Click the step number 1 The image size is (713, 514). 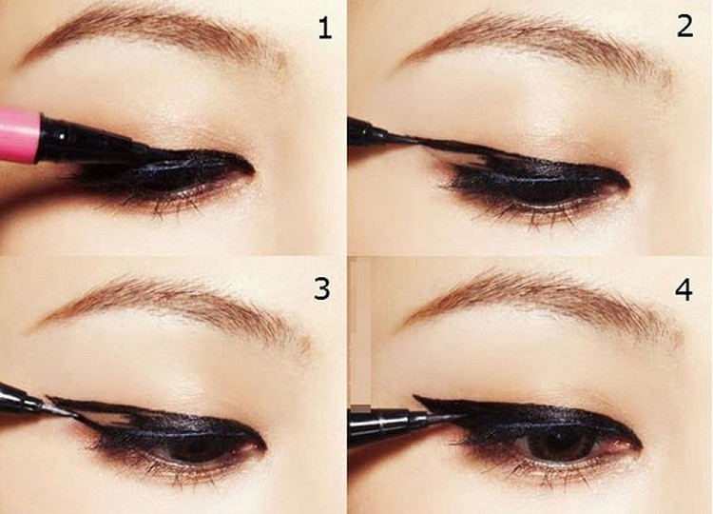click(325, 29)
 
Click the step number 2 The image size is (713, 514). click(684, 27)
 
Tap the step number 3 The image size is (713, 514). click(324, 287)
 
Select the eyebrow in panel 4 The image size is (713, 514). click(532, 300)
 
